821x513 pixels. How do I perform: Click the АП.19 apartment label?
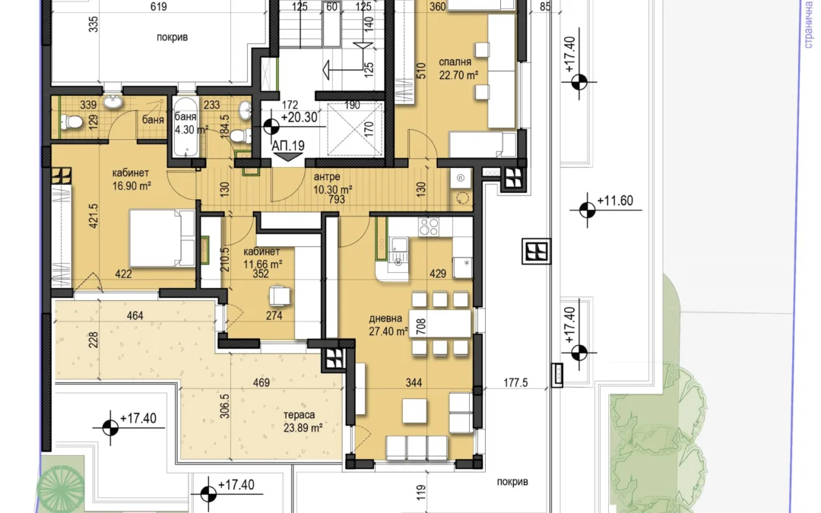(x=288, y=145)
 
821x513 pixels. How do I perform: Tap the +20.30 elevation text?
(x=299, y=117)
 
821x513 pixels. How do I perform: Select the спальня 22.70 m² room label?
(x=458, y=68)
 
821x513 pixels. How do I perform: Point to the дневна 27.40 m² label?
(x=388, y=325)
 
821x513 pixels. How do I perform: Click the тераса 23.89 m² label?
(x=302, y=421)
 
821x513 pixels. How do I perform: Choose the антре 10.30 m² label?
(x=332, y=183)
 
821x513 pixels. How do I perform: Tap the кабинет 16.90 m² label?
(x=132, y=179)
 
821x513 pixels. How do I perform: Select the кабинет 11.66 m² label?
(x=262, y=258)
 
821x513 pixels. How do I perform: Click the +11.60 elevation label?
(x=615, y=201)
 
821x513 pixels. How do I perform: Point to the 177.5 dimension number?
(x=515, y=382)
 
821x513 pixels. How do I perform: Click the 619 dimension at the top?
(x=158, y=6)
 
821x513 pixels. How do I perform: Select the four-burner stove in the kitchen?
(x=428, y=226)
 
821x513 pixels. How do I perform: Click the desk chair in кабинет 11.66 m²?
(x=280, y=296)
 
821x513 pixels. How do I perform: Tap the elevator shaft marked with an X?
(x=355, y=128)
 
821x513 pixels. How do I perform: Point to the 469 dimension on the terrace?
(x=262, y=382)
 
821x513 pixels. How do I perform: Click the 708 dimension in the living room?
(x=420, y=326)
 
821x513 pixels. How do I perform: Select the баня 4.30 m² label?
(x=191, y=123)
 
